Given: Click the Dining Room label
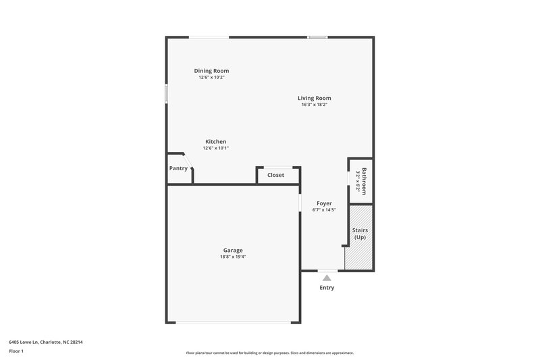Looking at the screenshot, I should [211, 70].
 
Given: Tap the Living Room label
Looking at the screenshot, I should [314, 98].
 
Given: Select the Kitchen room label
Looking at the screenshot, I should [216, 141].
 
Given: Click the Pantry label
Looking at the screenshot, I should [178, 168].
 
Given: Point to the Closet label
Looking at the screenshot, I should [275, 175].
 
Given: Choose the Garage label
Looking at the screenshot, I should [233, 250].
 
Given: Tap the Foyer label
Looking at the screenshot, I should [324, 203].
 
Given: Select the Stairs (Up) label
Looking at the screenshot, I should [360, 234].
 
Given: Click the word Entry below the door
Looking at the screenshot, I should [327, 288].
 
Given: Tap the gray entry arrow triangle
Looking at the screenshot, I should [327, 277].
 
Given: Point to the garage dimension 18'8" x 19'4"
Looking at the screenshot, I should [233, 257].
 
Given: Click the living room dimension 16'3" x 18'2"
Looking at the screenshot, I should [314, 105].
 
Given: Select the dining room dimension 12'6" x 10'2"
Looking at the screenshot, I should [211, 77].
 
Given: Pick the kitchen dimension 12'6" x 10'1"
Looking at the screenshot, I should [216, 148].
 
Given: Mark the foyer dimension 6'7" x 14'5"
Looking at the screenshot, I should [324, 209].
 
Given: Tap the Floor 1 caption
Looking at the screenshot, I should [16, 351].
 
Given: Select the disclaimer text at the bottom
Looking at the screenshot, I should [269, 353].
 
